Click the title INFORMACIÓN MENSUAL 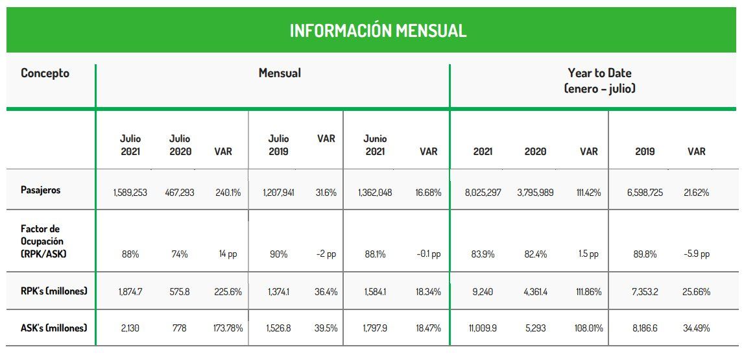(378, 30)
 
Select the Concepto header (45, 73)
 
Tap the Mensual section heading (280, 73)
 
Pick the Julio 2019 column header (278, 145)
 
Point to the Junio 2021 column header (375, 145)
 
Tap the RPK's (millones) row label (54, 291)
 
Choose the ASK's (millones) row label (54, 328)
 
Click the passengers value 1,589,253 (130, 193)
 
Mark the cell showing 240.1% (228, 193)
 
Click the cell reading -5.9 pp (696, 254)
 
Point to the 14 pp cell (228, 254)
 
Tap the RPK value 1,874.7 (130, 292)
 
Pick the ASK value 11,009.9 (482, 328)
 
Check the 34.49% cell (695, 328)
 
